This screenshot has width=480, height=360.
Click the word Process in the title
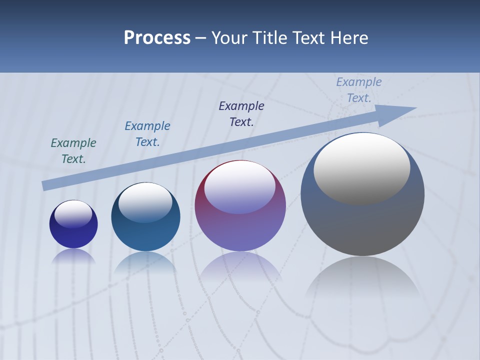point(157,38)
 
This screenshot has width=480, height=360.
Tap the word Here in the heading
point(348,38)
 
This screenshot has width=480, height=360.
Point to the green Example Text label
point(73,151)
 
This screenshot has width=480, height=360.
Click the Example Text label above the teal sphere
point(147,134)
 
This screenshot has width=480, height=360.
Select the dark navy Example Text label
point(241,114)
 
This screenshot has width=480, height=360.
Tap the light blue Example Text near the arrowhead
point(359,90)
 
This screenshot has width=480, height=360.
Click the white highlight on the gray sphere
point(361,167)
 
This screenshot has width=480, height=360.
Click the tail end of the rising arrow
point(45,186)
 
